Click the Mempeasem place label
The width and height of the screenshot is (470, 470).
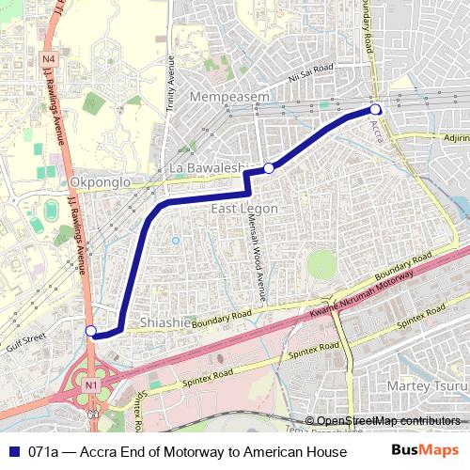(x=229, y=97)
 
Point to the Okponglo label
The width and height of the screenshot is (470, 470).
(x=97, y=182)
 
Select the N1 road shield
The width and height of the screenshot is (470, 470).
(x=90, y=385)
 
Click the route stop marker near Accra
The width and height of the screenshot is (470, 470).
(x=375, y=110)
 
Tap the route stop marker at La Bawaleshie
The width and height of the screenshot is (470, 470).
(x=269, y=167)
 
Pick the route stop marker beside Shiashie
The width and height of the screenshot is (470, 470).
(x=90, y=330)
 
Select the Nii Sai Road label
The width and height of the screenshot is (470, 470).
(x=311, y=71)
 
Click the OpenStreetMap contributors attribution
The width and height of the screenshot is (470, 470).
(x=386, y=420)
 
